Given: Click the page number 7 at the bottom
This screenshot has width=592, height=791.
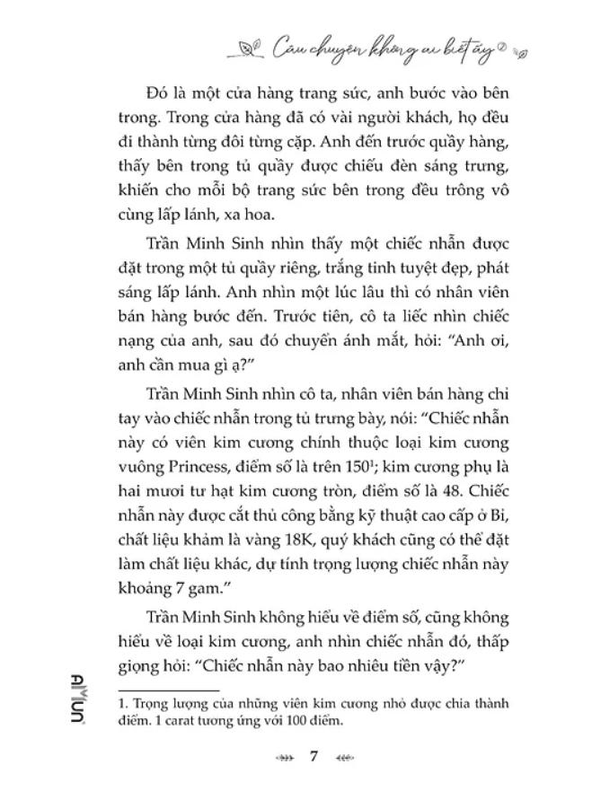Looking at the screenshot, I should pyautogui.click(x=314, y=756).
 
